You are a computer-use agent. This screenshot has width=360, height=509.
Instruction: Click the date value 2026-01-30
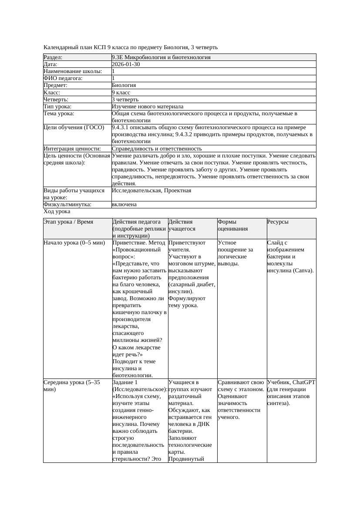(126, 64)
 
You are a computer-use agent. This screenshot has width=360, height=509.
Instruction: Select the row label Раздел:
(53, 57)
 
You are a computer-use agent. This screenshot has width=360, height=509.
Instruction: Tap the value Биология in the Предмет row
(124, 85)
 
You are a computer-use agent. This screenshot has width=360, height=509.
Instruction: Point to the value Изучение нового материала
(148, 107)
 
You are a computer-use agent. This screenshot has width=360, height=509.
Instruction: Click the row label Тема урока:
(59, 114)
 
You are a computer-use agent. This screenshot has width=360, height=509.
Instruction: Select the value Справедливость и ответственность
(157, 149)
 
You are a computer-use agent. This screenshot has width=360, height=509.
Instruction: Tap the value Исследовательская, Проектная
(151, 191)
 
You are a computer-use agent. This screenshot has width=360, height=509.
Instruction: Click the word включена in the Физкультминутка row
(124, 204)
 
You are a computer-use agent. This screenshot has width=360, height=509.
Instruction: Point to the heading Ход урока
(57, 211)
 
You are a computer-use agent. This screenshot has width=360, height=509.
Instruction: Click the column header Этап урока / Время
(68, 222)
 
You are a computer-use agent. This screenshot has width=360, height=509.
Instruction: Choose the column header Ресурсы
(278, 222)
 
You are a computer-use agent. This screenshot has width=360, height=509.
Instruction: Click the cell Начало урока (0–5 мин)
(74, 243)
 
